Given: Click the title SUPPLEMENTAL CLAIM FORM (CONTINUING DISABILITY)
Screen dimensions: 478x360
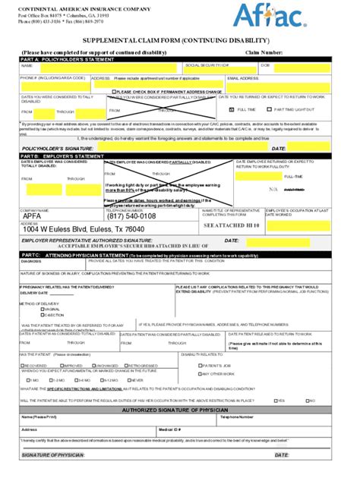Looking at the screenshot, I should tap(179, 39).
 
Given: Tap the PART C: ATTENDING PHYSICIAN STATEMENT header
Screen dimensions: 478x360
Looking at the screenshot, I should tap(84, 255).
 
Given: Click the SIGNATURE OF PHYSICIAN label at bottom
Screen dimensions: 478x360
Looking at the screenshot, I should tap(53, 455).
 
